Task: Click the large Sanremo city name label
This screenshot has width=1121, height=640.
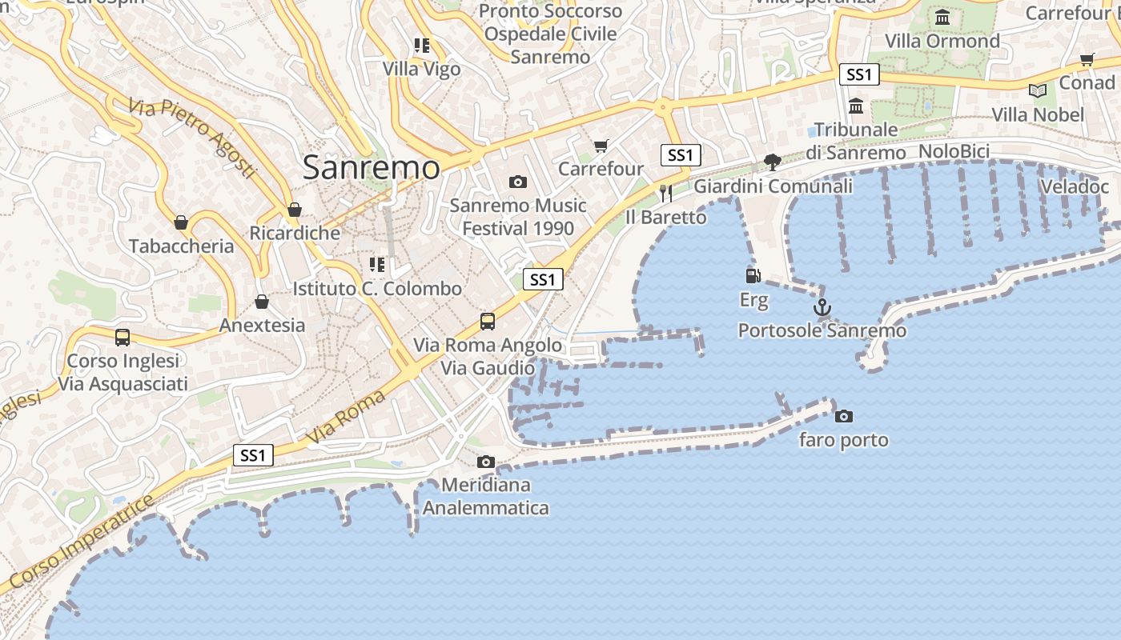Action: [372, 168]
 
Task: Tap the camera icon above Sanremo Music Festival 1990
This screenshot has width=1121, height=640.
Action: [518, 182]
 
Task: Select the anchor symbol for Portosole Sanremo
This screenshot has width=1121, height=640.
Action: [822, 307]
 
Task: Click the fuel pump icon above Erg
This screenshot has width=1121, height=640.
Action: [753, 276]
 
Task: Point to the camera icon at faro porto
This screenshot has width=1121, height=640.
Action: [843, 416]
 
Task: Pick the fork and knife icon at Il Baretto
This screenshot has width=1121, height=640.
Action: [665, 193]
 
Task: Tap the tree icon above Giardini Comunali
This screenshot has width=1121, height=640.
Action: [773, 162]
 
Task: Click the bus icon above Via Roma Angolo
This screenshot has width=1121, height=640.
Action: [488, 322]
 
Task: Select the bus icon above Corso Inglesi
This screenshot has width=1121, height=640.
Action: [123, 338]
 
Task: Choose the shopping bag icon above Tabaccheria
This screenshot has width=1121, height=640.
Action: [181, 222]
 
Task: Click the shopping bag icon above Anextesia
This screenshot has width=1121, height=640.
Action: [262, 302]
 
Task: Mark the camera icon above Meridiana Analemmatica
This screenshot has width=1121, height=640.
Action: [485, 462]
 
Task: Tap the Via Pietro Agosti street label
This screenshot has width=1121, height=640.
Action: [192, 137]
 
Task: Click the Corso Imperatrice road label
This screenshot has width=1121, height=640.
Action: [76, 543]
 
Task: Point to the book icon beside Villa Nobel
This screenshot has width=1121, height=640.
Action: [1038, 91]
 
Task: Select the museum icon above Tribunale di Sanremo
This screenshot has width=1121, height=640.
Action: [856, 106]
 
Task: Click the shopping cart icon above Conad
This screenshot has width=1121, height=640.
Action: [1087, 59]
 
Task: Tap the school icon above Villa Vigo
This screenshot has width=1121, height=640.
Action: [422, 46]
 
